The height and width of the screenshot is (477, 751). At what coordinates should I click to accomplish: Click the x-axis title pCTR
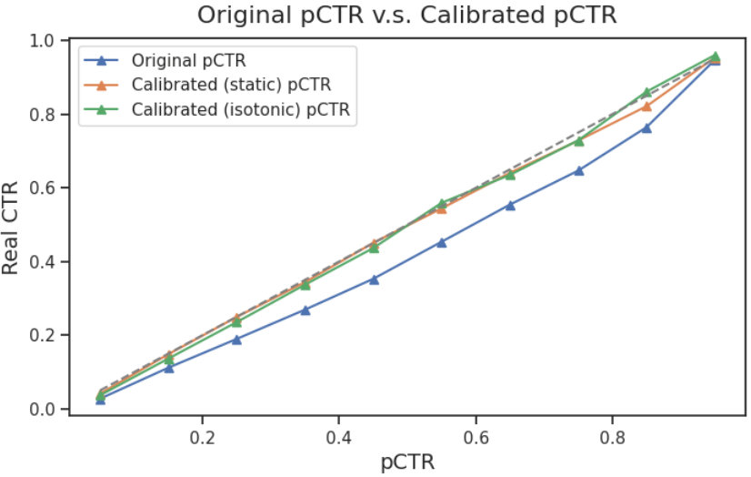(406, 462)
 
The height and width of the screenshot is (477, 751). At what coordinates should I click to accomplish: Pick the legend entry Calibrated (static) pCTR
(230, 86)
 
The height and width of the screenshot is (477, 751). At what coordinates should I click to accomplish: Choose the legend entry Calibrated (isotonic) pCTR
(240, 110)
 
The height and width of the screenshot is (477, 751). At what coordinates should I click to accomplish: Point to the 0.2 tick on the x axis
(202, 436)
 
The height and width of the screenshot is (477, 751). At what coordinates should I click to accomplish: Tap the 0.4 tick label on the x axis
(338, 436)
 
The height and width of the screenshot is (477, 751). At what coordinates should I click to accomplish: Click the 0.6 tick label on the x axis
(476, 436)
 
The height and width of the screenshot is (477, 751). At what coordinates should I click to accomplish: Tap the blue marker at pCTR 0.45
(374, 279)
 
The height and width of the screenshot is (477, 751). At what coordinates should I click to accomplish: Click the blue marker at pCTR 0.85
(646, 127)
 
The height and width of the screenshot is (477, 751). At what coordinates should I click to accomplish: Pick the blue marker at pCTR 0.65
(510, 205)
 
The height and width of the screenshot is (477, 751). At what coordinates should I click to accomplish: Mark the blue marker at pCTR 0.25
(236, 340)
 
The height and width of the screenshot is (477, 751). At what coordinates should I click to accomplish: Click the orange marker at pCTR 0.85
(646, 107)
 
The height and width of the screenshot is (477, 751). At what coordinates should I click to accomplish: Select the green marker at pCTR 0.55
(442, 203)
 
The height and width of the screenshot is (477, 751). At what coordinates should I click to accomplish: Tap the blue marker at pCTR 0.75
(578, 170)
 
